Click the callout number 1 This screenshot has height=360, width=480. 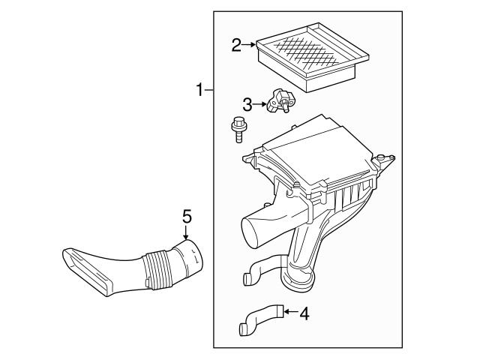(199, 90)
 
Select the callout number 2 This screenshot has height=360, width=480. (236, 45)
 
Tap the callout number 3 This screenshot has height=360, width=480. (247, 104)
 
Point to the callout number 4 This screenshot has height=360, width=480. (304, 313)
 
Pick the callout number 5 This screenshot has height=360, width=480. (187, 216)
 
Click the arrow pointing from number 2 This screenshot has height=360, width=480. (249, 45)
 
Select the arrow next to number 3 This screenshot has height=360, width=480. (259, 104)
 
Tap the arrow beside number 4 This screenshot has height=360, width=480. (291, 312)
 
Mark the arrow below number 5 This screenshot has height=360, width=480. (185, 232)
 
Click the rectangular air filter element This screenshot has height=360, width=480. (312, 57)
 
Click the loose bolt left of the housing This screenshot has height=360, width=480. (238, 130)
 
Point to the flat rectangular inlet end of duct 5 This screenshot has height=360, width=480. (85, 271)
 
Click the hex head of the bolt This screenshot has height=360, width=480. (238, 121)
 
